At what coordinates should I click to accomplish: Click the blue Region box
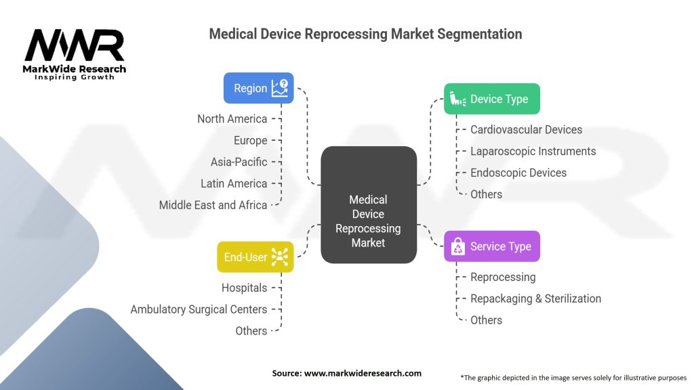coord(258,88)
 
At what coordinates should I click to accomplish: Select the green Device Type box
coord(491,99)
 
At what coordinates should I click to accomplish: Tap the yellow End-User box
coord(255,257)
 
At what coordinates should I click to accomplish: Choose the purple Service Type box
coord(491,246)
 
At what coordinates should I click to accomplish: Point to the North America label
coord(232,118)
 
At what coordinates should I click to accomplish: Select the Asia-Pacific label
coord(239,162)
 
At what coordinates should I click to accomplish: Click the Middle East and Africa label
coord(213,204)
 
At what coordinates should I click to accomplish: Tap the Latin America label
coord(234,183)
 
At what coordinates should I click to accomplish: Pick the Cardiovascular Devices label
coord(526,129)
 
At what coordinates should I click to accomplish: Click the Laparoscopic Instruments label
coord(533,151)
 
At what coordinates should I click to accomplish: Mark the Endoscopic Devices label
coord(518,173)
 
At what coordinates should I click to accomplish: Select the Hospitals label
coord(244,288)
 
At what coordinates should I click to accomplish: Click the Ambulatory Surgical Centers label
coord(199,309)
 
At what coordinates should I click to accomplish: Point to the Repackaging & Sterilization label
coord(535,299)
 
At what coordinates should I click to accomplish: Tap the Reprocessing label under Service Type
coord(503,277)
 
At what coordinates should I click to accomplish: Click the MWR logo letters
coord(75,45)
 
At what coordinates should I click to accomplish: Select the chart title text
coord(365,33)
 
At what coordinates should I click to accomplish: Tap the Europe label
coord(250,140)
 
